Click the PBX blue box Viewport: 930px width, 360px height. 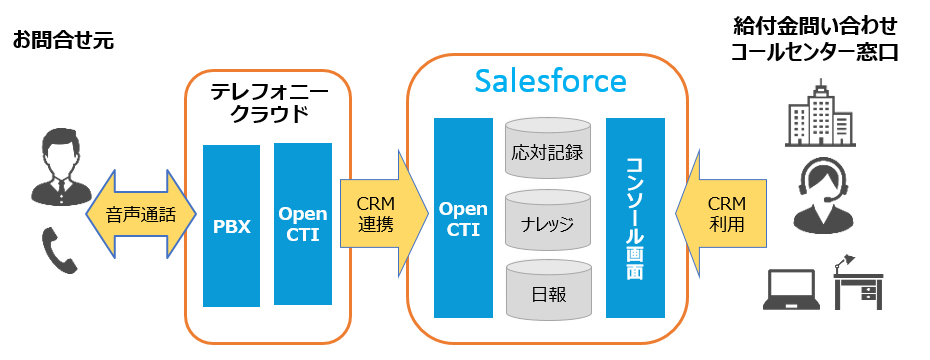pyautogui.click(x=231, y=226)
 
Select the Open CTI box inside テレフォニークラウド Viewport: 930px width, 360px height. pyautogui.click(x=302, y=224)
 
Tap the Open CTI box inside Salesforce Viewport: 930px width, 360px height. pyautogui.click(x=463, y=218)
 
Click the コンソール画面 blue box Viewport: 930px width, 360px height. pyautogui.click(x=635, y=218)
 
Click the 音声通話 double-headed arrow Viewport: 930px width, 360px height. pyautogui.click(x=141, y=214)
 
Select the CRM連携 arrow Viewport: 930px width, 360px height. pyautogui.click(x=384, y=214)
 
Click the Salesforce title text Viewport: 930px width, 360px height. pyautogui.click(x=550, y=81)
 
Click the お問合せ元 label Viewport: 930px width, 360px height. pyautogui.click(x=63, y=41)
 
